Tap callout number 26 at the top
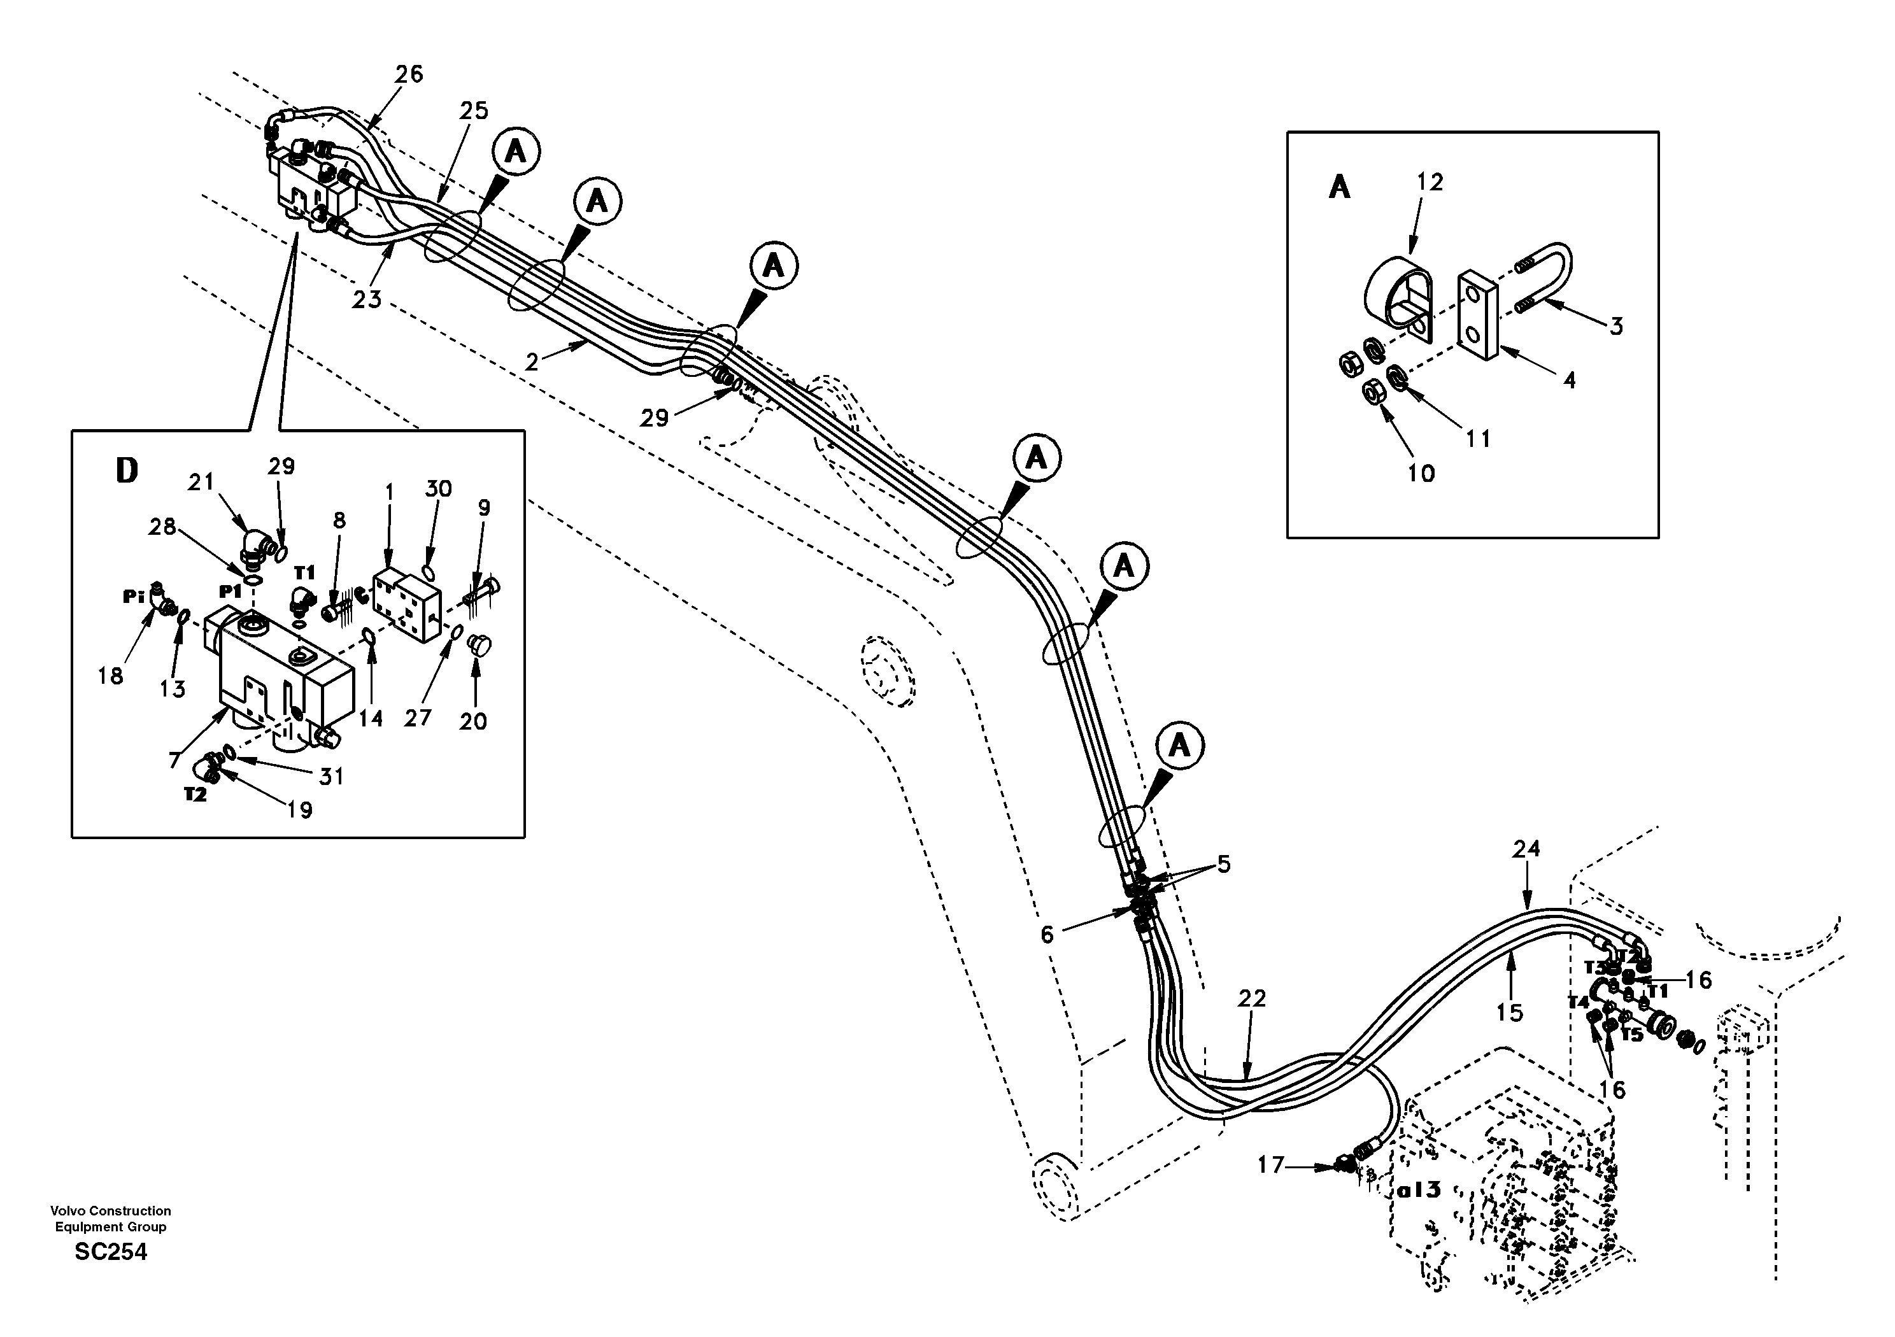point(409,74)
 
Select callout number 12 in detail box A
point(1430,182)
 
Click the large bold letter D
point(126,471)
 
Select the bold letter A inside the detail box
point(1340,188)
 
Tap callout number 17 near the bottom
point(1270,1164)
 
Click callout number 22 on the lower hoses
point(1251,999)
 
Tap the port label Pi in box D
point(134,597)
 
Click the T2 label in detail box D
point(195,795)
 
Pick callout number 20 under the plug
point(473,721)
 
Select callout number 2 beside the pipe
point(532,362)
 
